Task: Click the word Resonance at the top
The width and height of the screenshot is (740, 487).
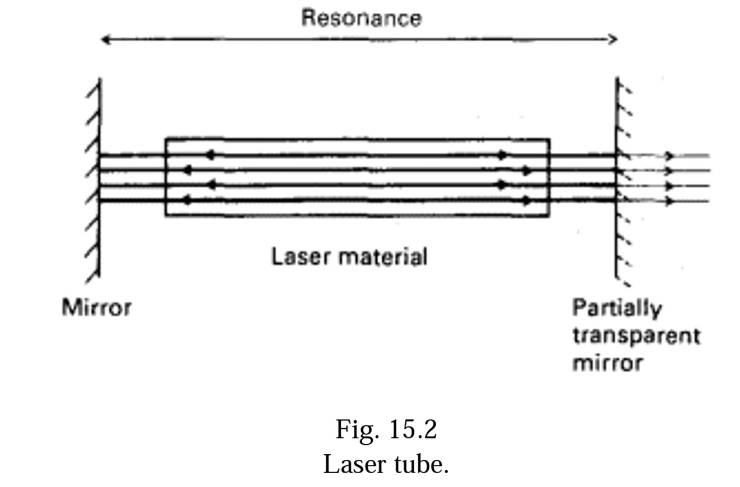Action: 361,18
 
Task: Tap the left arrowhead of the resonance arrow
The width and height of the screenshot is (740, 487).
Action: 104,39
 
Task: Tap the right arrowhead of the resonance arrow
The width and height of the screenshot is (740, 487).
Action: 613,39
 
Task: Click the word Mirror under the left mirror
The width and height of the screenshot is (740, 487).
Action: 97,307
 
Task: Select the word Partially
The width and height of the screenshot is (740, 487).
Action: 616,308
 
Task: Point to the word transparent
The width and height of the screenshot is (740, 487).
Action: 636,337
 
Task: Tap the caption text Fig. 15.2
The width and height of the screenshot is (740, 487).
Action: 386,429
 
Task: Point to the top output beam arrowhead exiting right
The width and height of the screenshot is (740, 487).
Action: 670,156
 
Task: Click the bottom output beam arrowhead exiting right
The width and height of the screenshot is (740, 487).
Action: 670,201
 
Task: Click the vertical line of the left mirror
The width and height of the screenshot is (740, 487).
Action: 100,178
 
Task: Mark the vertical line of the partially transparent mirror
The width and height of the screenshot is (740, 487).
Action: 617,178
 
